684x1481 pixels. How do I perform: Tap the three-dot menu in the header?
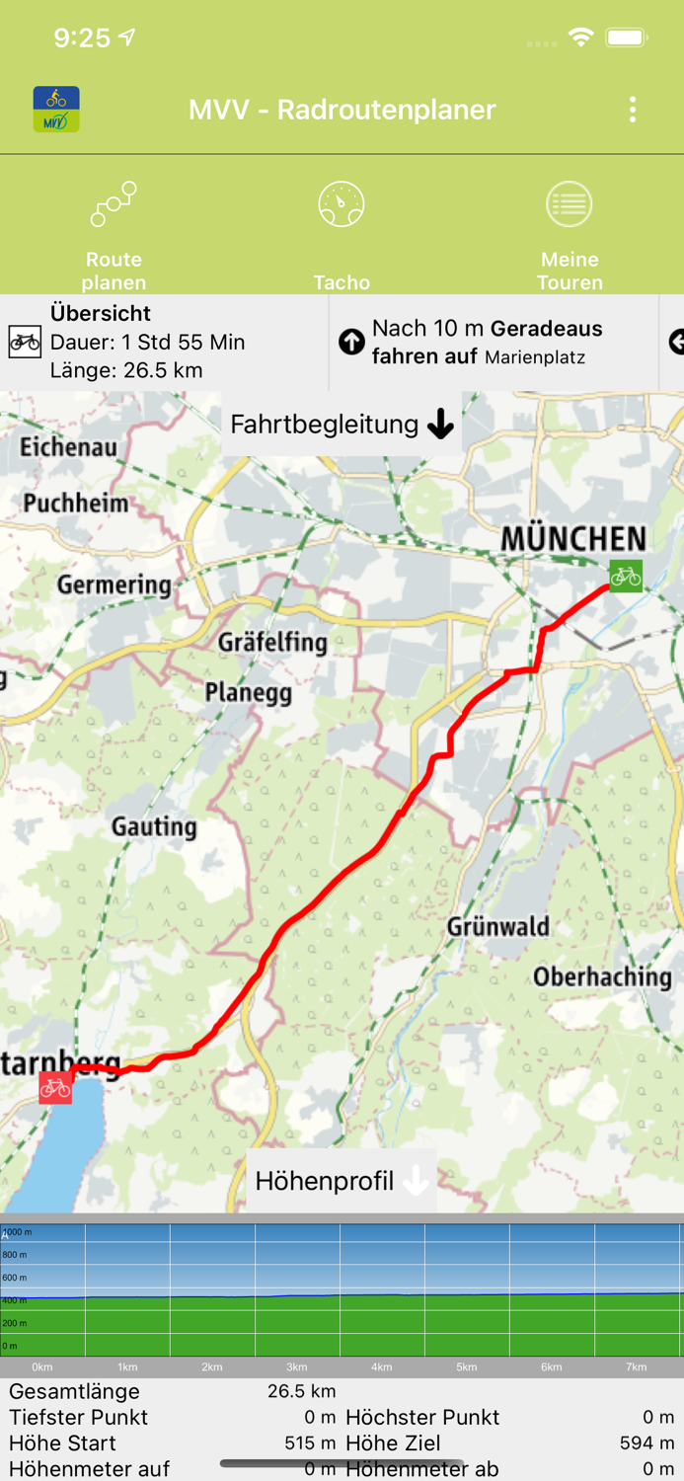tap(633, 110)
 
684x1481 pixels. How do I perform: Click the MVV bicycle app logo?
tap(56, 110)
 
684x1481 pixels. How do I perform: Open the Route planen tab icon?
tap(114, 204)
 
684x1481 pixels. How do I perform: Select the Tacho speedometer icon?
tap(342, 204)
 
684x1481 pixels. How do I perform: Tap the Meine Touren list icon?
tap(570, 204)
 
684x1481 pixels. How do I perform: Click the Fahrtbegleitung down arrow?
tap(440, 425)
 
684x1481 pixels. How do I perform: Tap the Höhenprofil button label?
tap(325, 1181)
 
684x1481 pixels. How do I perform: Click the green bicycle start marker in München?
tap(625, 576)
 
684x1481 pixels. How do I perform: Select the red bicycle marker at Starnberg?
tap(55, 1087)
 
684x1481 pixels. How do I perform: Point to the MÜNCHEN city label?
tap(573, 539)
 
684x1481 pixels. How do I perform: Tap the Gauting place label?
tap(154, 826)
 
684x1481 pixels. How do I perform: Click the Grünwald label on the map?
tap(497, 927)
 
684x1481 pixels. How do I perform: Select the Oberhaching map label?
tap(602, 976)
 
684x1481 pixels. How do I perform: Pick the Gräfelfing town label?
tap(272, 642)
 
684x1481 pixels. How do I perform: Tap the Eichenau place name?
tap(68, 447)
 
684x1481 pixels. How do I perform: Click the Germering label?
tap(114, 585)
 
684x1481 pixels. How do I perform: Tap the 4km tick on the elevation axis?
tap(381, 1367)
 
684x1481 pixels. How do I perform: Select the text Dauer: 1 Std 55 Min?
tap(148, 343)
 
